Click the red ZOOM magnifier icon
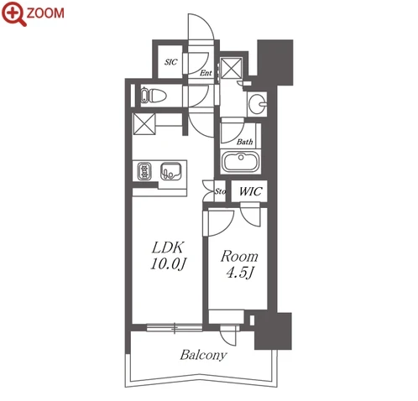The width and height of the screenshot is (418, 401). [13, 13]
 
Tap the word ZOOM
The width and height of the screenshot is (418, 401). [45, 13]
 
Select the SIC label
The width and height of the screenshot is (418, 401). [170, 62]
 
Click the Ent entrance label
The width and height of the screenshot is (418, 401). [206, 73]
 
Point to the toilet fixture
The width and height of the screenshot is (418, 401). [153, 96]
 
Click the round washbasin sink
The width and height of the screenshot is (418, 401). [258, 104]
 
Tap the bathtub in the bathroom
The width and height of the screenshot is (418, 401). [241, 162]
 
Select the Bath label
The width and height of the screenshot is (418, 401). [244, 142]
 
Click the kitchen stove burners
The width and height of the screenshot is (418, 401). [144, 171]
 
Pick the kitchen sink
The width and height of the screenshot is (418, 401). [170, 171]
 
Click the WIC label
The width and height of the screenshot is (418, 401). [250, 191]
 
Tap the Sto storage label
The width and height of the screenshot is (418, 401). [220, 191]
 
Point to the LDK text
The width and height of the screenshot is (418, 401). [168, 247]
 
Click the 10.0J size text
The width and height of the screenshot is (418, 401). [168, 263]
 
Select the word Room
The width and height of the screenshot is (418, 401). [239, 257]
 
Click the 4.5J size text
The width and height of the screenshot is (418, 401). [239, 273]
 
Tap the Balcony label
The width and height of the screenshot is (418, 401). [203, 355]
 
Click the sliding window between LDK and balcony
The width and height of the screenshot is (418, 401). [175, 327]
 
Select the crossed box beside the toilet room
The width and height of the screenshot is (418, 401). [144, 124]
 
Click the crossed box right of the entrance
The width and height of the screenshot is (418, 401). [232, 68]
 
